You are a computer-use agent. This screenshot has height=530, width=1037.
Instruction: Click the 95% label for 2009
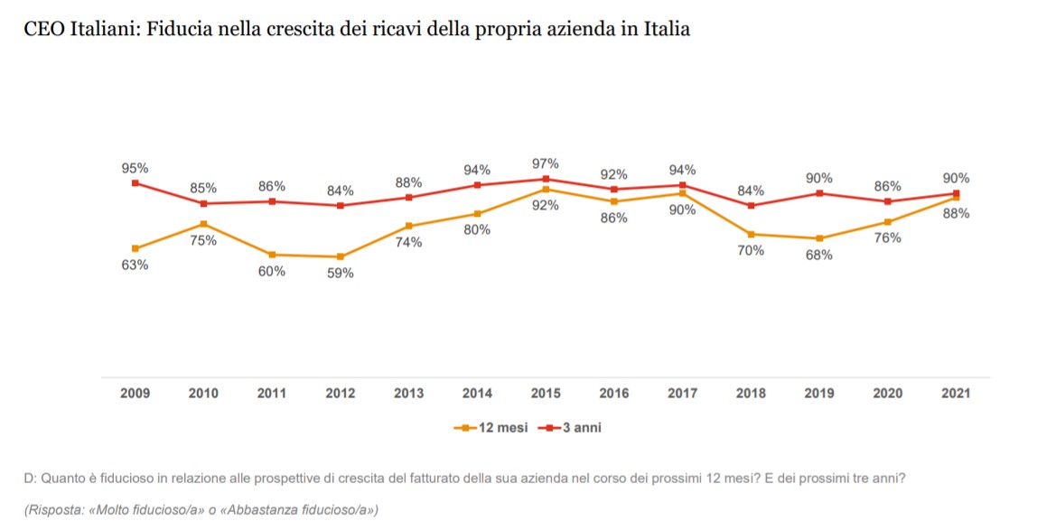pos(135,168)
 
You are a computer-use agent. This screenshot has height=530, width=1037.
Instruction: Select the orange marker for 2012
pos(340,256)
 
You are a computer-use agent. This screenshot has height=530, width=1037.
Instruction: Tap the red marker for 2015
pos(546,179)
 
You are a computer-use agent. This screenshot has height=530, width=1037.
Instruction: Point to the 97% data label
pos(546,163)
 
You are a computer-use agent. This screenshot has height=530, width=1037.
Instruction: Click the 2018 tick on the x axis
pos(751,394)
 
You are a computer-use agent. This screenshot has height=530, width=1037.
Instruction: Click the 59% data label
pos(340,274)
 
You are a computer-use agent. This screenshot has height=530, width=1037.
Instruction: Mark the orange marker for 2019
pos(819,238)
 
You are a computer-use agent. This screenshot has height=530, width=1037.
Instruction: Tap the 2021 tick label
pos(956,394)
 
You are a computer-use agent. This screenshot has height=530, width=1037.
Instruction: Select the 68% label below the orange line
pos(819,255)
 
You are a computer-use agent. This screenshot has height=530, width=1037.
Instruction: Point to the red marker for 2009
pos(135,183)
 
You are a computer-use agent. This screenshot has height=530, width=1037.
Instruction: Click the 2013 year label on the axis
pos(408,394)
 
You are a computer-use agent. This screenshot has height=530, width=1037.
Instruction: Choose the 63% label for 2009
pos(135,265)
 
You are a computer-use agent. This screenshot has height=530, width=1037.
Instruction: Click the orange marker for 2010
pos(203,223)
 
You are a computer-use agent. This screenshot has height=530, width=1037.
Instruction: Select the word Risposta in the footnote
pos(56,510)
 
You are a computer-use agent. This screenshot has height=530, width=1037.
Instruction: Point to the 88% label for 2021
pos(956,214)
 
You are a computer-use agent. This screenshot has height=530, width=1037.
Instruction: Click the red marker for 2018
pos(751,206)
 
